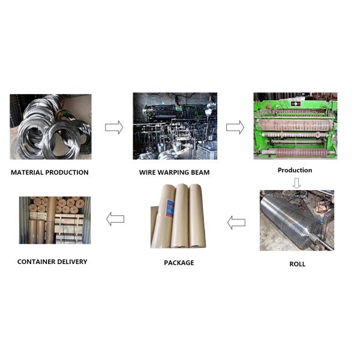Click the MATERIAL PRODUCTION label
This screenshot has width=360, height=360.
(x=50, y=173)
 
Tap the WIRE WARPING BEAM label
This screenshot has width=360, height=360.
(x=175, y=173)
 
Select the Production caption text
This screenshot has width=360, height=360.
(x=295, y=170)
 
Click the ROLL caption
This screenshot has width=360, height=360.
(x=297, y=264)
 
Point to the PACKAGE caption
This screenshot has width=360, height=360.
(x=179, y=263)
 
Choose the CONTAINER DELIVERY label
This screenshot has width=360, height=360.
(x=52, y=262)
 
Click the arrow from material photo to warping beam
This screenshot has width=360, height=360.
(x=114, y=127)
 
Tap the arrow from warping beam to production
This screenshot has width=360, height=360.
(x=235, y=127)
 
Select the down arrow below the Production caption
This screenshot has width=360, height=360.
(x=296, y=182)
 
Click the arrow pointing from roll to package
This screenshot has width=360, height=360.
(x=236, y=223)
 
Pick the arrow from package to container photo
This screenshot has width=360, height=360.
(x=115, y=220)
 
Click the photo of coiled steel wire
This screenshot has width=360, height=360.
(x=50, y=127)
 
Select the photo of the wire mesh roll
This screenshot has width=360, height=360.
(x=296, y=220)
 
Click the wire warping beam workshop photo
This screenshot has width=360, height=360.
(x=175, y=126)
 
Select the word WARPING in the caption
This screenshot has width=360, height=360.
(x=174, y=173)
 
